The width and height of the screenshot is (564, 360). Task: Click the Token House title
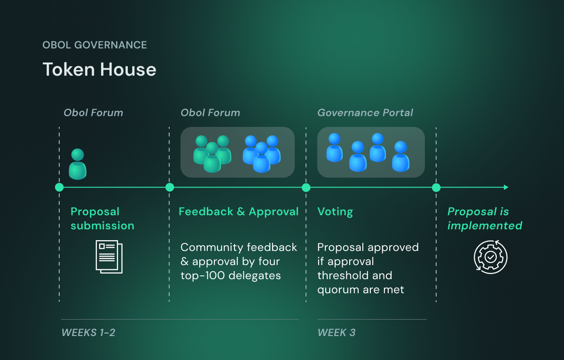tap(99, 70)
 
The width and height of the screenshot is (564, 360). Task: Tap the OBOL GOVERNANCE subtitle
tap(94, 45)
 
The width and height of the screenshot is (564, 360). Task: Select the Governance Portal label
tap(365, 113)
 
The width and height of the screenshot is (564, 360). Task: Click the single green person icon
tap(78, 164)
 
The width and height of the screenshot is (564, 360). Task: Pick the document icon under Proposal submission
tap(109, 256)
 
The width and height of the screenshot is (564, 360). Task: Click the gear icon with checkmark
tap(490, 257)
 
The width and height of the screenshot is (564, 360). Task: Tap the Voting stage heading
tap(335, 211)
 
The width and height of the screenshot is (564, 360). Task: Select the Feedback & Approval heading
tap(238, 211)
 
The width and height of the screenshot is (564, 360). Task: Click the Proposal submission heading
tap(102, 219)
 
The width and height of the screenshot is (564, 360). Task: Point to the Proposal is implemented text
tap(485, 219)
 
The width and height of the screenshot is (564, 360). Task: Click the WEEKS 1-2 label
tap(88, 333)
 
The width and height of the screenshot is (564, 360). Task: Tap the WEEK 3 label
tap(337, 333)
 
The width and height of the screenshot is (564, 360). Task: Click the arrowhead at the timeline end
tap(506, 188)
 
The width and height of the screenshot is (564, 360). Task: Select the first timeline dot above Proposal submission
tap(59, 188)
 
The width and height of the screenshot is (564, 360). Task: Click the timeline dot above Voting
tap(306, 188)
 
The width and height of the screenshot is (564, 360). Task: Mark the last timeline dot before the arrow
tap(436, 188)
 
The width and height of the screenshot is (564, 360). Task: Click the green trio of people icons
tap(212, 153)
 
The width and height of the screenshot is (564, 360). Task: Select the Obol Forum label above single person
tap(93, 113)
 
